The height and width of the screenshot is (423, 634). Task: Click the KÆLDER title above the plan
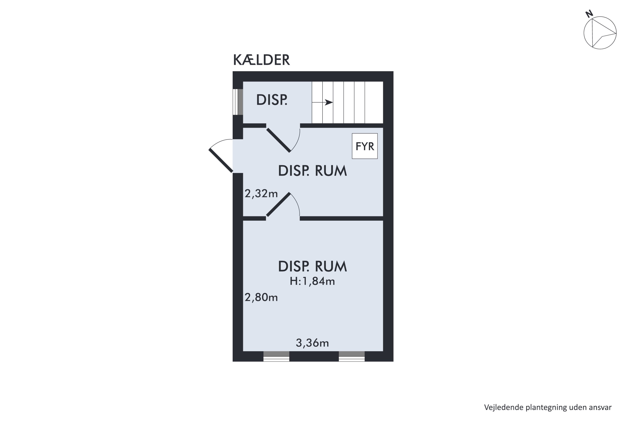(261, 60)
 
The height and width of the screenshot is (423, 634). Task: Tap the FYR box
(365, 146)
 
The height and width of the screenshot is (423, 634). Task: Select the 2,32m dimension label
(261, 194)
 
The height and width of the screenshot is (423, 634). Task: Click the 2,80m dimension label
(261, 297)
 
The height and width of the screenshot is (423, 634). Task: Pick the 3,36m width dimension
(312, 343)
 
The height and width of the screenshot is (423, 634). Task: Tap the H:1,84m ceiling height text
(312, 281)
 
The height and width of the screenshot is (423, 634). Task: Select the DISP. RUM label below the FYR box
(312, 171)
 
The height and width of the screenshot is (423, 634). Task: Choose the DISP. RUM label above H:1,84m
(312, 266)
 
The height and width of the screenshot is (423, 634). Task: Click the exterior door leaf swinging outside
(221, 161)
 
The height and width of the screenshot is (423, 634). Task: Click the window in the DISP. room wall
(238, 102)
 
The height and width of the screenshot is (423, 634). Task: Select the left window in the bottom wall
(276, 356)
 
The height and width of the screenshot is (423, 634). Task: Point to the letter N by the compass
(589, 14)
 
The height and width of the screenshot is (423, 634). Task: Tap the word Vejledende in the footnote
(500, 407)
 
